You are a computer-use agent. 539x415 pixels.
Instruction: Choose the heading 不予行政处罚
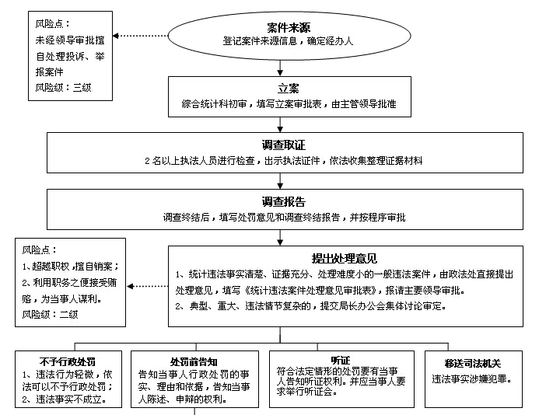(68, 361)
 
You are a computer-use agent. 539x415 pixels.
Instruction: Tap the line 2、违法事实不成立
(65, 399)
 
